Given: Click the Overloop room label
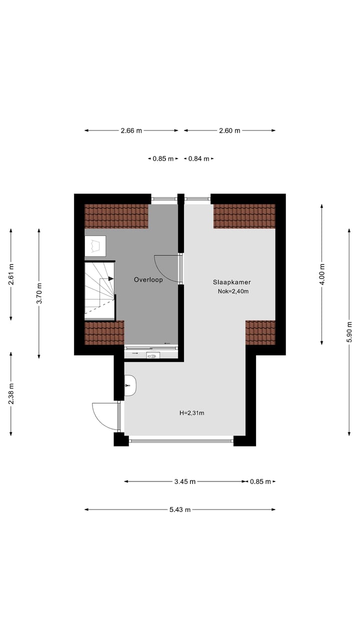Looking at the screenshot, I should click(x=148, y=280).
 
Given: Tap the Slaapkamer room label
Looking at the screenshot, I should click(x=231, y=282).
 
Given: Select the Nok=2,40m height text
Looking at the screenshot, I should click(x=233, y=291).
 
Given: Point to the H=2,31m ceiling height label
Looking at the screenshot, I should click(x=192, y=413).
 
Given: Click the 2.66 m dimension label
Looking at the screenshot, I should click(x=131, y=130).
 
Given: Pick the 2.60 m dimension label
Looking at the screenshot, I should click(x=229, y=130).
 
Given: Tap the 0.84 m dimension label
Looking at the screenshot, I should click(x=198, y=158).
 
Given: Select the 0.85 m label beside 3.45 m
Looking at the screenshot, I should click(x=260, y=481).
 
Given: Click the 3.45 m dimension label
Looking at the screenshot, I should click(x=185, y=481).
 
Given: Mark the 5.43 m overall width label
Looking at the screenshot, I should click(x=180, y=509).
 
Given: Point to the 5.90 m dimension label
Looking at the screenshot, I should click(x=349, y=331).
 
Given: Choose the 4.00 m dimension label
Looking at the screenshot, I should click(x=321, y=274).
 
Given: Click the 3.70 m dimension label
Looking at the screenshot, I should click(x=39, y=293).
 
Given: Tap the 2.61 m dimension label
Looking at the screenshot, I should click(x=11, y=274).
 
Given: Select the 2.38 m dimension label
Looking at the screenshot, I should click(x=11, y=393).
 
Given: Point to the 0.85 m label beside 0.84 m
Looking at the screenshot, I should click(x=163, y=158).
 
